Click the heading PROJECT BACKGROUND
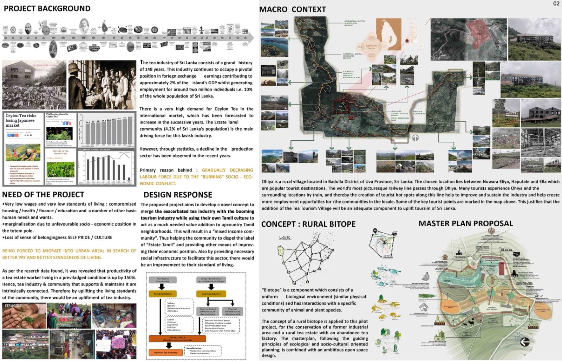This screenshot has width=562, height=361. click(x=47, y=8)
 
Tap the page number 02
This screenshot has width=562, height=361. click(x=556, y=4)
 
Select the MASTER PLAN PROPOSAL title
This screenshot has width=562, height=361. click(x=465, y=223)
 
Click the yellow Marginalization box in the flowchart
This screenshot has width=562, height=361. click(x=163, y=294)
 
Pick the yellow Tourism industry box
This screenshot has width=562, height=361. click(x=211, y=294)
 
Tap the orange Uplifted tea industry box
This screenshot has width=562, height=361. click(x=165, y=352)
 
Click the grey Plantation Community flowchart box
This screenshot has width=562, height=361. click(x=163, y=280)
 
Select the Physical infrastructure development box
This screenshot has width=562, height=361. click(x=233, y=312)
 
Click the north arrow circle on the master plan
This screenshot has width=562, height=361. click(x=525, y=342)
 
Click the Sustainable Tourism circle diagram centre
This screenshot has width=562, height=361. click(x=371, y=46)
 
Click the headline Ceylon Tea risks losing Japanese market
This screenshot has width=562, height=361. click(x=21, y=120)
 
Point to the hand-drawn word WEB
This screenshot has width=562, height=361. click(x=285, y=238)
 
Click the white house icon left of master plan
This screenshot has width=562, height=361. click(x=424, y=307)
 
